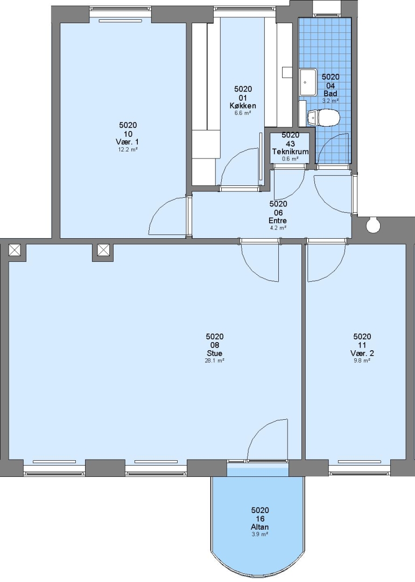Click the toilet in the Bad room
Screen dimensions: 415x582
point(323,117)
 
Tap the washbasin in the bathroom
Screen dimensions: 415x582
point(308,82)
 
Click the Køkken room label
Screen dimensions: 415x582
point(243,106)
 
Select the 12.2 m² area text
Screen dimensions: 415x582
point(129,150)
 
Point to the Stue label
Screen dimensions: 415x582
point(215,354)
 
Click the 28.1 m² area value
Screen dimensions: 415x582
point(215,361)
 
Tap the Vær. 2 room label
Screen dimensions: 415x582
point(362,353)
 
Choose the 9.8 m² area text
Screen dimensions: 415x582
point(362,361)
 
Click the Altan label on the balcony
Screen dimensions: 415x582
point(259,527)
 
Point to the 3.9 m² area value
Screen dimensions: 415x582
point(259,535)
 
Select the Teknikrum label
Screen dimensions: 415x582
point(290,152)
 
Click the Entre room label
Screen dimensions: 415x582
point(278,221)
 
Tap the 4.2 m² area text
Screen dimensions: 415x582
point(278,228)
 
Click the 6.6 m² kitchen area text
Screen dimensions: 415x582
point(243,113)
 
